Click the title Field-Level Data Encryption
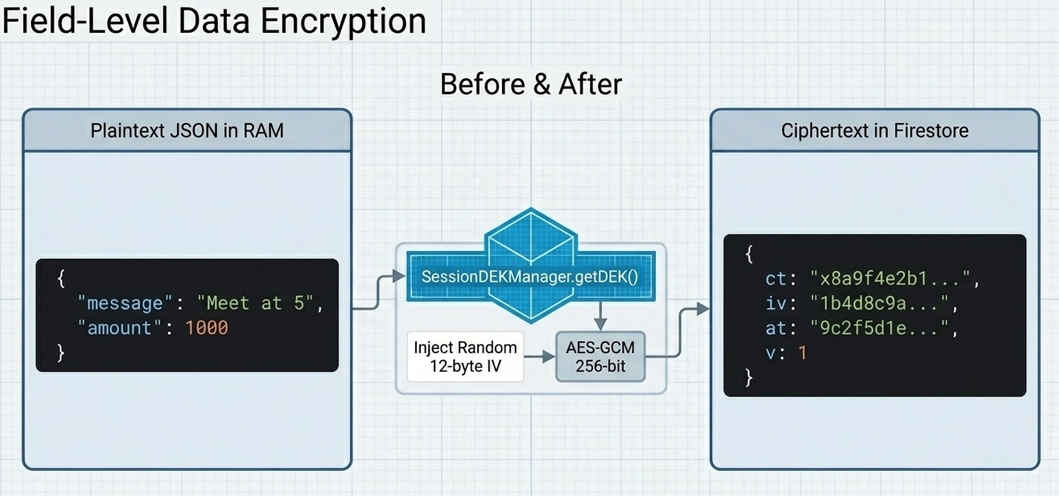pyautogui.click(x=213, y=21)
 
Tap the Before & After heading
pyautogui.click(x=531, y=84)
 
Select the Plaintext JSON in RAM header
pyautogui.click(x=187, y=130)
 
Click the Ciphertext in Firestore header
pyautogui.click(x=874, y=130)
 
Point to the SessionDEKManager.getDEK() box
pyautogui.click(x=530, y=277)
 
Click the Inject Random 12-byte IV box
pyautogui.click(x=465, y=356)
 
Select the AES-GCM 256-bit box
pyautogui.click(x=600, y=356)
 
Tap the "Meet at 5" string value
pyautogui.click(x=255, y=303)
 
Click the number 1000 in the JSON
pyautogui.click(x=206, y=328)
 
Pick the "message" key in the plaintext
pyautogui.click(x=125, y=303)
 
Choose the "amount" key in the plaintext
pyautogui.click(x=119, y=328)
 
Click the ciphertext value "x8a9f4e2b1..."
pyautogui.click(x=890, y=279)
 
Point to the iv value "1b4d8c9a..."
pyautogui.click(x=879, y=303)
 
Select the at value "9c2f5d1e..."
pyautogui.click(x=879, y=328)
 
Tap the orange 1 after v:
pyautogui.click(x=803, y=353)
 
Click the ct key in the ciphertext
pyautogui.click(x=776, y=279)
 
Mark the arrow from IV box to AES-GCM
pyautogui.click(x=539, y=356)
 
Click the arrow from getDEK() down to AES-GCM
pyautogui.click(x=600, y=317)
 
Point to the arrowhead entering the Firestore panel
pyautogui.click(x=703, y=309)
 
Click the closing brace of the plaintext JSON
pyautogui.click(x=61, y=353)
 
